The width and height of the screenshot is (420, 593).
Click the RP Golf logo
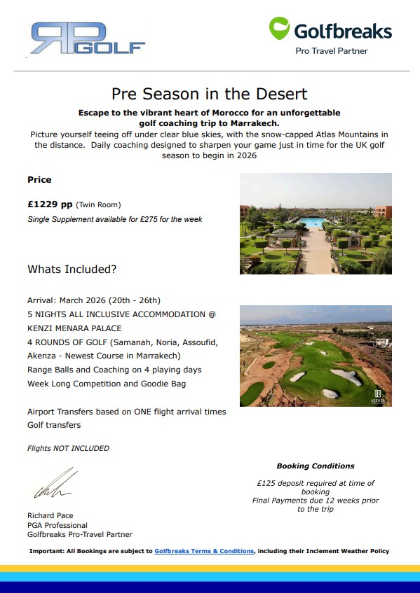[88, 39]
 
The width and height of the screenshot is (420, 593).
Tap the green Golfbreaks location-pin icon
[279, 29]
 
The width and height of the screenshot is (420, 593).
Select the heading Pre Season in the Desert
[210, 93]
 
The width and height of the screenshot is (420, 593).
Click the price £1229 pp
[50, 204]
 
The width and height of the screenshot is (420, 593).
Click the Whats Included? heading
[72, 269]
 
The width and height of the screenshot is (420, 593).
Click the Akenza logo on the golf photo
[379, 394]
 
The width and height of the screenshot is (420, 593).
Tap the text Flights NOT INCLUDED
[68, 448]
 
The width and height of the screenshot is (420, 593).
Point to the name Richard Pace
[50, 516]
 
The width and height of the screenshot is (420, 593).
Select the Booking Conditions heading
[315, 466]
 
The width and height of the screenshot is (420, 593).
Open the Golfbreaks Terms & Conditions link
[204, 551]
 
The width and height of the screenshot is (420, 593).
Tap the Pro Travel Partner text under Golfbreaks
[331, 51]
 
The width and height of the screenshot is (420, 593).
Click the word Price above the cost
[39, 180]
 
